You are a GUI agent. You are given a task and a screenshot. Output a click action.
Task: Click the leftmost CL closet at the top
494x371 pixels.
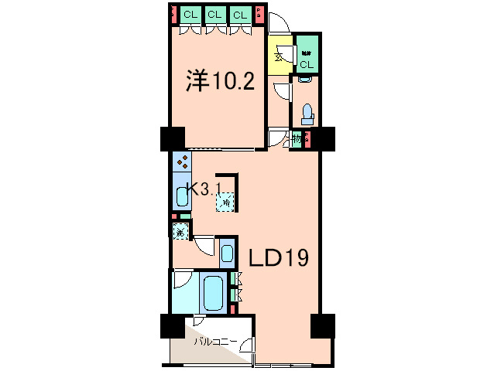tap(190, 15)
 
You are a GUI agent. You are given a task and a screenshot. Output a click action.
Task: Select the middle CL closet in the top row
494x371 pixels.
tap(215, 15)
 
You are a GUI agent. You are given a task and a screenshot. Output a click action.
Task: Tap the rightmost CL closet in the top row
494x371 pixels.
tap(240, 15)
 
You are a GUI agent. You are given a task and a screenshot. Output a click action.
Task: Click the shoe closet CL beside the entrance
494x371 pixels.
tap(307, 56)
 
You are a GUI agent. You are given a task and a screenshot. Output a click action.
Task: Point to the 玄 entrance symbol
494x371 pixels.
tap(277, 56)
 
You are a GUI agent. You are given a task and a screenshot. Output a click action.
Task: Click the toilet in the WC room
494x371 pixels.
tap(307, 113)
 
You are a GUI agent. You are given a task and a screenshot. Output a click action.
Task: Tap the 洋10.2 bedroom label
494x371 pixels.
tap(220, 81)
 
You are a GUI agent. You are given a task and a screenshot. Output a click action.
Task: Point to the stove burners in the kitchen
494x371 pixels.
tap(183, 162)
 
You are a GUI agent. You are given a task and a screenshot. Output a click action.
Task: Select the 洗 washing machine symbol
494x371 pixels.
tap(180, 231)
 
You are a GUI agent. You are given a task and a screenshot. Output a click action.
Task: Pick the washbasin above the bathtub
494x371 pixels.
tap(226, 254)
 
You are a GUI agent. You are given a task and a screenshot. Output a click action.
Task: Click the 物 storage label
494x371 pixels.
tap(296, 140)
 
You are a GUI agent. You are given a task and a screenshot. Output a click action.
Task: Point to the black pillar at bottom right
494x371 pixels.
tap(321, 325)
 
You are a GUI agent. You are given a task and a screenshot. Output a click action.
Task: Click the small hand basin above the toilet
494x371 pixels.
tap(304, 80)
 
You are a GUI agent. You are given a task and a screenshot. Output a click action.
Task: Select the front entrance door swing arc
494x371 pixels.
tap(280, 26)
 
